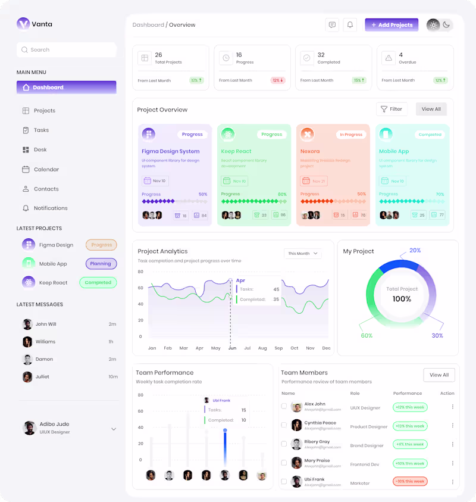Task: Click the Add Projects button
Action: pos(392,25)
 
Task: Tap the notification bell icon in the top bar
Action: pos(350,25)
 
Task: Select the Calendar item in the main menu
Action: pos(46,170)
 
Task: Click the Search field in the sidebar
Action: pos(67,50)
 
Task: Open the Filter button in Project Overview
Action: pos(392,109)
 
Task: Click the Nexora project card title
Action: pos(310,151)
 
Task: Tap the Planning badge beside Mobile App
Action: pos(101,264)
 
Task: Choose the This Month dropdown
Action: pos(303,254)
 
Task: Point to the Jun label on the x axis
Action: pos(232,348)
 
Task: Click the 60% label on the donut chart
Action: pos(367,336)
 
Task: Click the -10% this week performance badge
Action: pos(410,481)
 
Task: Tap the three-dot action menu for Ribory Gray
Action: pos(452,444)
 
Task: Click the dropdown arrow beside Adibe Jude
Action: pos(114,429)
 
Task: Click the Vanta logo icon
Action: pos(23,24)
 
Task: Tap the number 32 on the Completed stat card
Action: pos(321,55)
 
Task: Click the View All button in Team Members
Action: pos(439,375)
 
